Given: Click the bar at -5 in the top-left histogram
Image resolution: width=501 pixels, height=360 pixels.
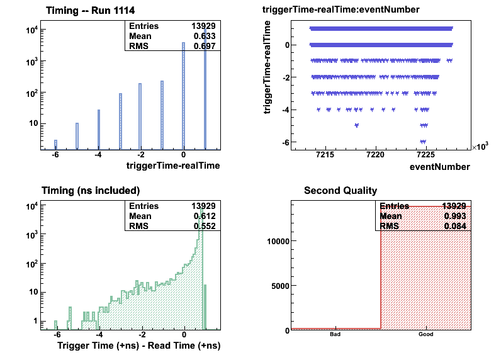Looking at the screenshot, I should tap(77, 136).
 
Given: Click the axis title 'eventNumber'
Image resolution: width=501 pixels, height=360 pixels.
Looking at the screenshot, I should tap(439, 167).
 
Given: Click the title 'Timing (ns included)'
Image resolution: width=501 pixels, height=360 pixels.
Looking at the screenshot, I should tap(91, 190).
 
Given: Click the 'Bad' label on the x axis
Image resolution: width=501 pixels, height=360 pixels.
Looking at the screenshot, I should tap(335, 335).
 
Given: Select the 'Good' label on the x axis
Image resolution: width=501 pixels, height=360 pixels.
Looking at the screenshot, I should tap(425, 335).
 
